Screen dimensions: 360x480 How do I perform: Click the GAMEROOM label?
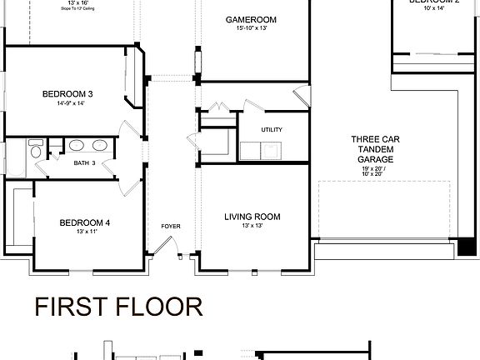tap(251, 20)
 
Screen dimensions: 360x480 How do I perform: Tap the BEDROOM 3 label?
tap(67, 94)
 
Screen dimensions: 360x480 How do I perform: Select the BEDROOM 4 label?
tap(85, 222)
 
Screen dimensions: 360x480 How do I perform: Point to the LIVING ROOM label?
tap(252, 217)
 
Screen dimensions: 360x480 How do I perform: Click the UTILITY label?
tap(272, 130)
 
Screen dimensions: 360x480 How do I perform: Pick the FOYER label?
tap(171, 227)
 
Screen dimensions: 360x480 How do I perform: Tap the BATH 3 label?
tap(85, 163)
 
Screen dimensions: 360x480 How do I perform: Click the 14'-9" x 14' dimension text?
tap(67, 104)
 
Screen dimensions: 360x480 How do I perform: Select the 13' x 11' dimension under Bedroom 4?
tap(85, 232)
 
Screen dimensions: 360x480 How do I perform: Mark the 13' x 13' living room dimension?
tap(252, 227)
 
